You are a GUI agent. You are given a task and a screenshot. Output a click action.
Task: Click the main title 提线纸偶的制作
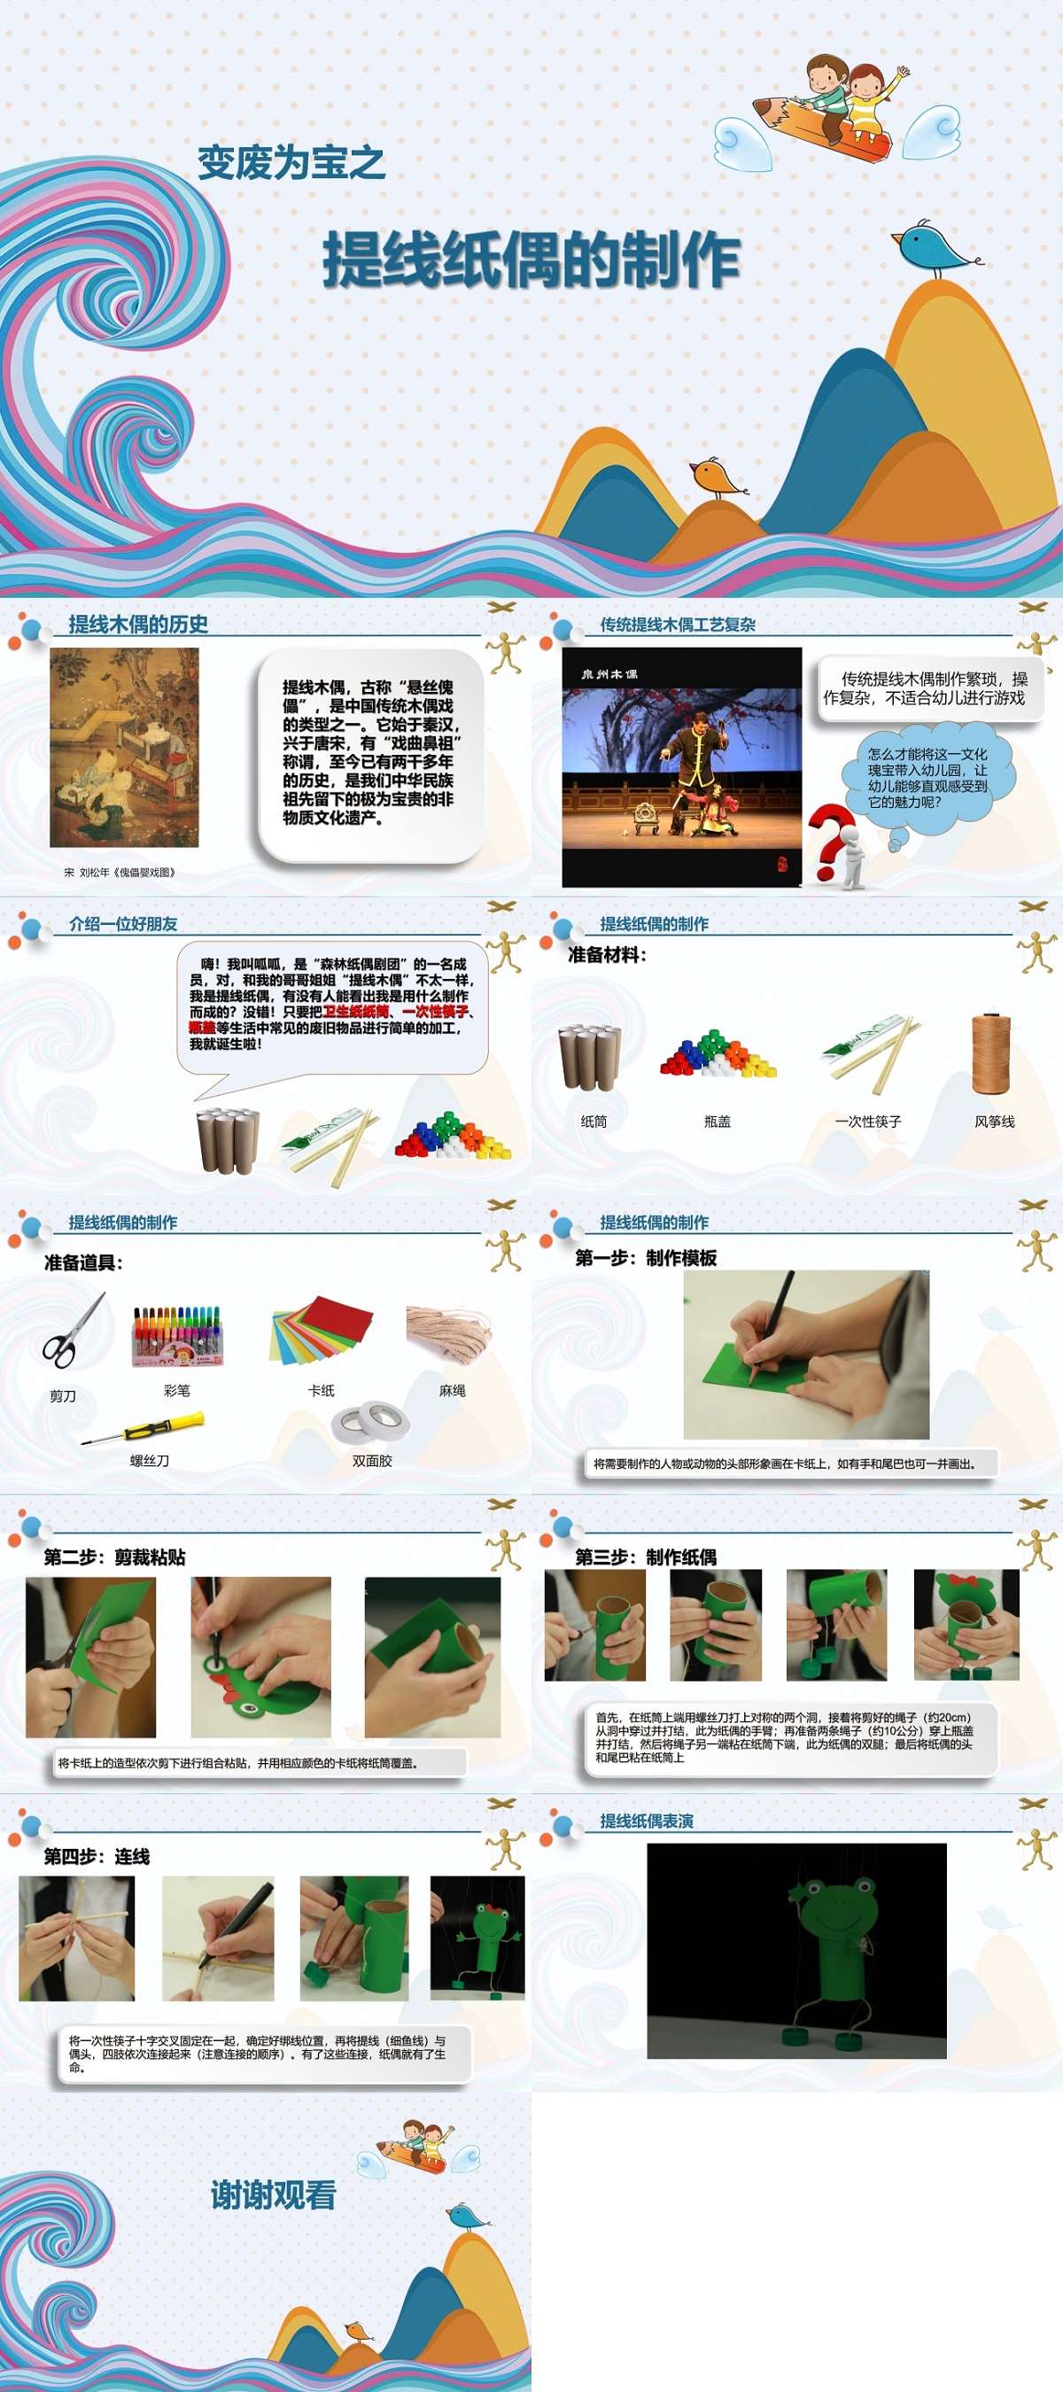click(x=530, y=260)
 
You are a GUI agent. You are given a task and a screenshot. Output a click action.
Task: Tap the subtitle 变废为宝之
click(x=291, y=163)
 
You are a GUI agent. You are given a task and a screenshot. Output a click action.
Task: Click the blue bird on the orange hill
click(x=931, y=247)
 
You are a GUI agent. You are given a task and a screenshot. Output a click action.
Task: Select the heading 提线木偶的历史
click(x=138, y=625)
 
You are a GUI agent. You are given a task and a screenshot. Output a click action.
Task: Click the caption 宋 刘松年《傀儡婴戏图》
click(x=120, y=872)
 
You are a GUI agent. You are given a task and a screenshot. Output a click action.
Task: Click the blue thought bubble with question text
click(x=927, y=778)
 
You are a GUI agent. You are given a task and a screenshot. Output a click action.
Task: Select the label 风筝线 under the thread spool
click(x=994, y=1122)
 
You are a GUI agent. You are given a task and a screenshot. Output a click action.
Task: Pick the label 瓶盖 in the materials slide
click(x=718, y=1122)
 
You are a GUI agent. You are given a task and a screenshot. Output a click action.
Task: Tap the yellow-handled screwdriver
click(x=144, y=1428)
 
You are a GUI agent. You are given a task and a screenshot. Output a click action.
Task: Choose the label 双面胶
click(x=371, y=1461)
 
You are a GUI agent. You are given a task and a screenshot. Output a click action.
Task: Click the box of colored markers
click(x=177, y=1336)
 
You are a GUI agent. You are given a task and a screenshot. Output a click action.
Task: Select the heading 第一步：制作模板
click(x=646, y=1258)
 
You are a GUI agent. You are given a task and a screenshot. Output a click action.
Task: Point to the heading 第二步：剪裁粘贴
click(x=115, y=1557)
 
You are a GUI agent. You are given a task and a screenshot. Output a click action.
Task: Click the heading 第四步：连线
click(x=97, y=1856)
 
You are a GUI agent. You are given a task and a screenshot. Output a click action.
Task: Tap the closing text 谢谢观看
click(x=273, y=2195)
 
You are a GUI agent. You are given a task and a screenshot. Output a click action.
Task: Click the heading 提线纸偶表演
click(x=646, y=1821)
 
